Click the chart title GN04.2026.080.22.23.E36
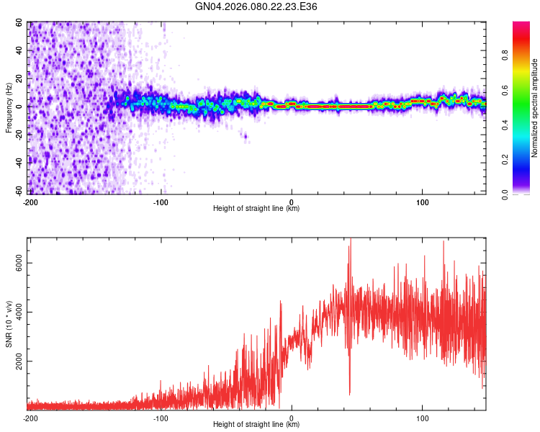tap(257, 6)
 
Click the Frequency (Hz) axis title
tap(9, 108)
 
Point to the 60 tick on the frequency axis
tap(21, 23)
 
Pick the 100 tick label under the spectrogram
tap(422, 202)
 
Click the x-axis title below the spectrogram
tap(256, 209)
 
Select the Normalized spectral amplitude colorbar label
tap(534, 108)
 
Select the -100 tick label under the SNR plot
tap(161, 418)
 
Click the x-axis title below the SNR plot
tap(256, 425)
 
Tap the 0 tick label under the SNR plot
tap(292, 418)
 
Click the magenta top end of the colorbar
tap(521, 26)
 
